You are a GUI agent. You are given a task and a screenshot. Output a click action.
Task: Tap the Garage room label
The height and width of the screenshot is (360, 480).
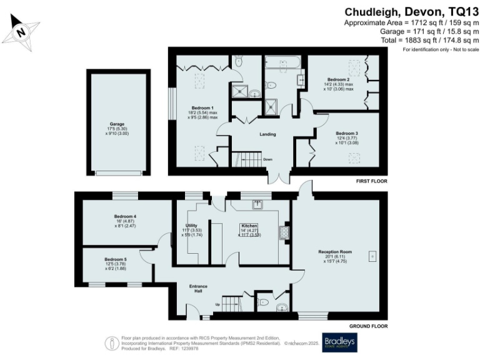[117, 124]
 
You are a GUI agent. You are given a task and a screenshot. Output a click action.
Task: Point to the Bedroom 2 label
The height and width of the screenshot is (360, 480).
[338, 80]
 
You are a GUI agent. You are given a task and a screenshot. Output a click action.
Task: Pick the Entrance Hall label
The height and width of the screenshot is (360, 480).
[198, 289]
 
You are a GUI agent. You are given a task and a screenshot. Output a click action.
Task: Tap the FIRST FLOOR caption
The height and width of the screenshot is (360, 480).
[371, 181]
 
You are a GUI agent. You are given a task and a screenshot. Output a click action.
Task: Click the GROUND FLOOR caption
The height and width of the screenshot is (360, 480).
[368, 326]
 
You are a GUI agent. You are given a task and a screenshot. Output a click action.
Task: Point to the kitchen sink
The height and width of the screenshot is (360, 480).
[257, 204]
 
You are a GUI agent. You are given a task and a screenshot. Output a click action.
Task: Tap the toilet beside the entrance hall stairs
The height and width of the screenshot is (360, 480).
[263, 303]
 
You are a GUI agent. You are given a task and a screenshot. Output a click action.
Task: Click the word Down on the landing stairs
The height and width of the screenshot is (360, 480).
[267, 159]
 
